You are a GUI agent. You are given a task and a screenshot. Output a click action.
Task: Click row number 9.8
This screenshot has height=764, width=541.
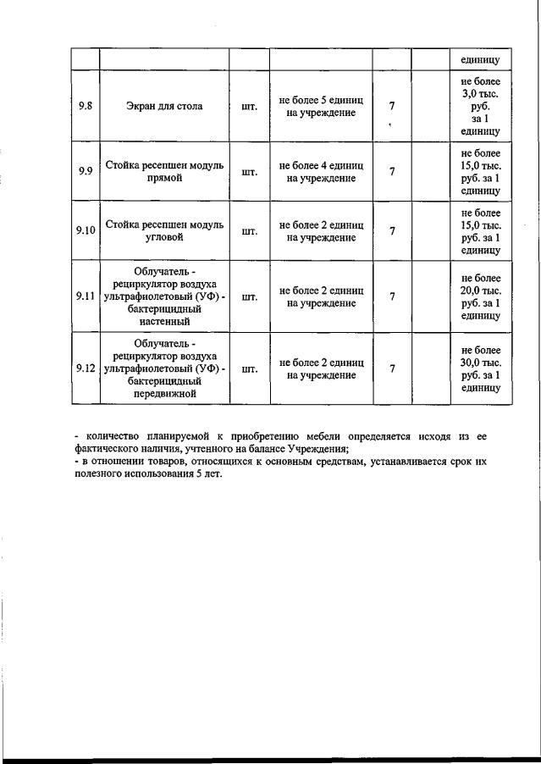[85, 107]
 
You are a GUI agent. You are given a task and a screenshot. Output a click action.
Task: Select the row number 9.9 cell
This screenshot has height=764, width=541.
[85, 171]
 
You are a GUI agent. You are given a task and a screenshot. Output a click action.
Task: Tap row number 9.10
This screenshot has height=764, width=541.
[85, 231]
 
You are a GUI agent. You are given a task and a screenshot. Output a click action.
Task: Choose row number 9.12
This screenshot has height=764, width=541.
[85, 368]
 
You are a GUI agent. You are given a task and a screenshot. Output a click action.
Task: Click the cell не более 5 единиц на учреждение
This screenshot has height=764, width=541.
[321, 107]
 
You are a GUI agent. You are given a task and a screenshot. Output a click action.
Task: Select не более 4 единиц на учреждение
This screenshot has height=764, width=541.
[321, 171]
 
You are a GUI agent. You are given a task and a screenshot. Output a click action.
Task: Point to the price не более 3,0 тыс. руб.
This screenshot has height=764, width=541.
[480, 107]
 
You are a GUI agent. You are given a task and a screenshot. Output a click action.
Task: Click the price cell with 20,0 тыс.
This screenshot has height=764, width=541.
[480, 296]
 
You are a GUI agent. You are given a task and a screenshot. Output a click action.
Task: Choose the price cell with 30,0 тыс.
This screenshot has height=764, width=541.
[480, 368]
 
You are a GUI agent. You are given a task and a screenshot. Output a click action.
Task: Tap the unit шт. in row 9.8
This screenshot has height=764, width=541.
[250, 107]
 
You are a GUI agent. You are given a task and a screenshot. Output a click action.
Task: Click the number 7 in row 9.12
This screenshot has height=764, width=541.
[391, 368]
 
